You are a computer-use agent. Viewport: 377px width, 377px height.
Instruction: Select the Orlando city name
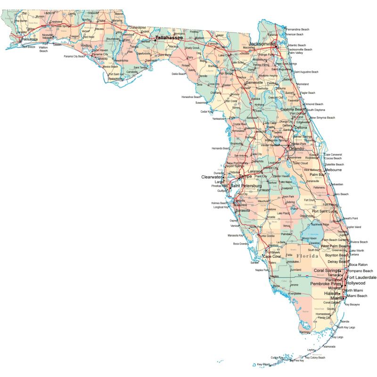click(296, 148)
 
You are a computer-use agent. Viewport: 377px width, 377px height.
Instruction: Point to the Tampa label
click(245, 176)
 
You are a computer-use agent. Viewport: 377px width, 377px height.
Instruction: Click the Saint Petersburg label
click(246, 186)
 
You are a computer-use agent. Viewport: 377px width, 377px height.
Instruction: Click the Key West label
click(263, 364)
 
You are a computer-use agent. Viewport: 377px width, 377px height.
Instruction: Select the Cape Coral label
click(272, 256)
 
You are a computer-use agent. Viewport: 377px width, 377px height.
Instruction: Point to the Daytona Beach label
click(293, 109)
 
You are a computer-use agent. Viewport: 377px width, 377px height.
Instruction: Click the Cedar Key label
click(206, 112)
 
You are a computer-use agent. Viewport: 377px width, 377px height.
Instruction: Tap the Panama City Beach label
click(74, 56)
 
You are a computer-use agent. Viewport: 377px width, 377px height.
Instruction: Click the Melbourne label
click(333, 170)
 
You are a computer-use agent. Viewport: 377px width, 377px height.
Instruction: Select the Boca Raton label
click(358, 265)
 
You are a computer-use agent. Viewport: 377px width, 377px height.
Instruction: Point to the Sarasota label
click(243, 210)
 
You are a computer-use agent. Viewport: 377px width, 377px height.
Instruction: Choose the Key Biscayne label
click(352, 304)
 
